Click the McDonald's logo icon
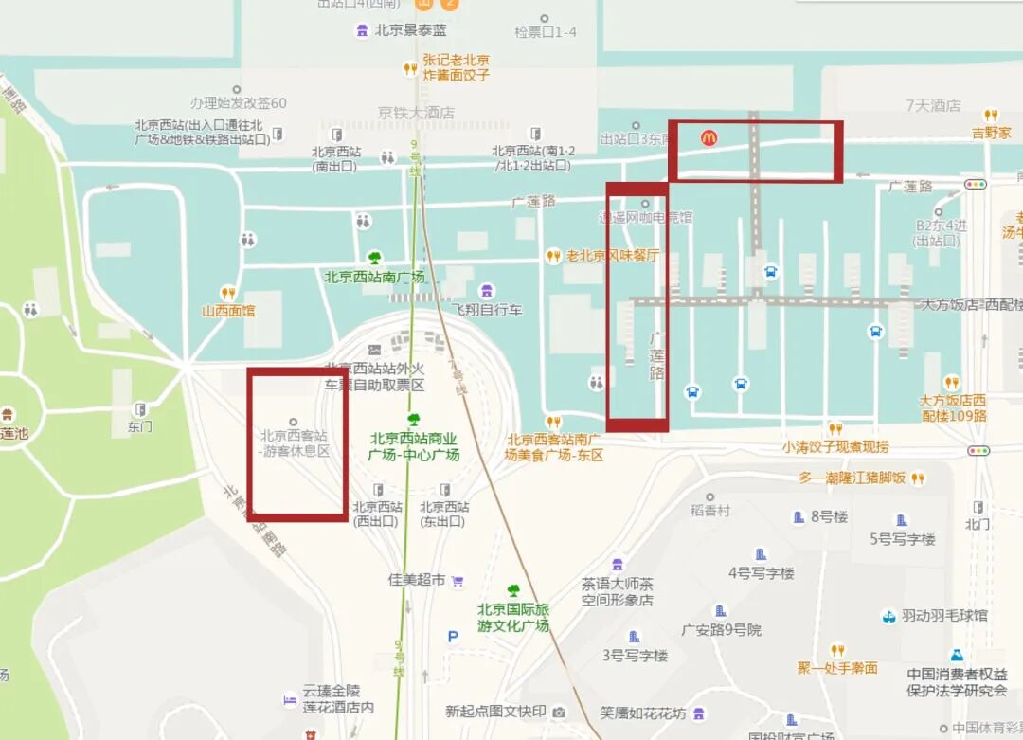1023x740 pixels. [709, 138]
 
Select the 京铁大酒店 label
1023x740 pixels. [417, 113]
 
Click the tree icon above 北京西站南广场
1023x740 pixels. [375, 258]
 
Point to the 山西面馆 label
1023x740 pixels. [228, 311]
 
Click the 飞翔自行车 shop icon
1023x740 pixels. [487, 290]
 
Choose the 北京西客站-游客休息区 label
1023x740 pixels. [296, 443]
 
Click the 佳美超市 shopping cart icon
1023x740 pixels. [458, 580]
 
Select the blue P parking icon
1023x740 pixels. [453, 637]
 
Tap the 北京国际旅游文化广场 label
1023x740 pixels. [512, 618]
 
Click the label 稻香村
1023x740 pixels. [710, 511]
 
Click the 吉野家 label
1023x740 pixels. [991, 134]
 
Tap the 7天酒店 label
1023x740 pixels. [933, 105]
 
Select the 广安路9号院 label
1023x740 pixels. [721, 630]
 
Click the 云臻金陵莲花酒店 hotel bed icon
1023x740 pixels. [290, 699]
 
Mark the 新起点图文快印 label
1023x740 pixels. [495, 712]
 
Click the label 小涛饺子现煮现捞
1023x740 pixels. [835, 446]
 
